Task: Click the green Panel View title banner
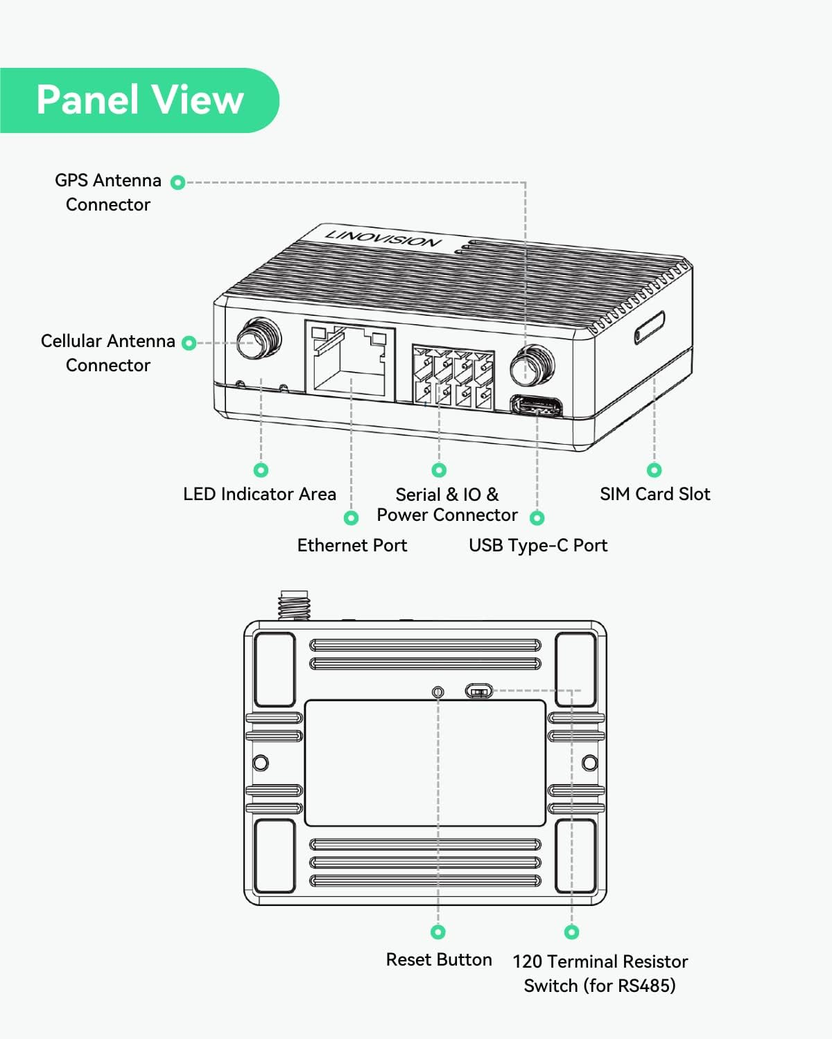pyautogui.click(x=139, y=100)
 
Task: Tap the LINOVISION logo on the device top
pyautogui.click(x=383, y=237)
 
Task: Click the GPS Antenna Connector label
pyautogui.click(x=107, y=192)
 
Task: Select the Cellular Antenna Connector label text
pyautogui.click(x=107, y=353)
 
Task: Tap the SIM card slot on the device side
pyautogui.click(x=650, y=327)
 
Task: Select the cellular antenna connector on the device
pyautogui.click(x=259, y=339)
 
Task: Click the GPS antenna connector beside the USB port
pyautogui.click(x=532, y=365)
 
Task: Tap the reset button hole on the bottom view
pyautogui.click(x=438, y=691)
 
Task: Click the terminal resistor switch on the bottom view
pyautogui.click(x=478, y=691)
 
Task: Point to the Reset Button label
pyautogui.click(x=439, y=959)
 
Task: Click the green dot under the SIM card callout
pyautogui.click(x=654, y=470)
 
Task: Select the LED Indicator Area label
pyautogui.click(x=259, y=494)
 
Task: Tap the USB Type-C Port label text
pyautogui.click(x=538, y=545)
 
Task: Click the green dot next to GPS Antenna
pyautogui.click(x=178, y=182)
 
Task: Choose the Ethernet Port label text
pyautogui.click(x=352, y=545)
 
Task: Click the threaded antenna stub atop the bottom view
pyautogui.click(x=293, y=605)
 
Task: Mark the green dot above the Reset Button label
pyautogui.click(x=438, y=932)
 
